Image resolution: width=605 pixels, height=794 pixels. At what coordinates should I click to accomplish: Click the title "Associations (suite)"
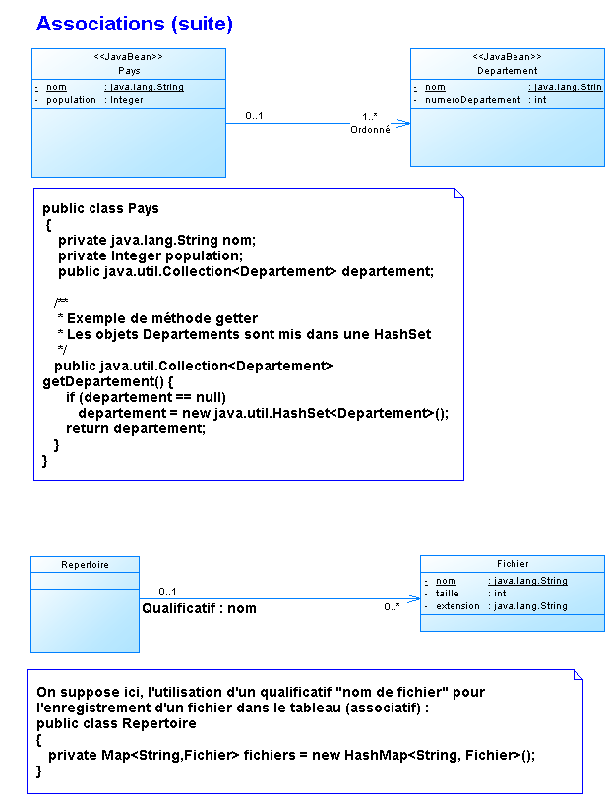click(134, 23)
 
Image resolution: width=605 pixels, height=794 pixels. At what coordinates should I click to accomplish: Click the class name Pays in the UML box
click(129, 71)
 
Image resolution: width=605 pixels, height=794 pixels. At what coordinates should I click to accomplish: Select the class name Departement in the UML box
click(507, 71)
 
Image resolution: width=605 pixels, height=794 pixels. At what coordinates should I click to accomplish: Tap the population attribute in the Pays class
click(71, 100)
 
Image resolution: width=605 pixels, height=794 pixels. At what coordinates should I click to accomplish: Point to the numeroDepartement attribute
click(472, 100)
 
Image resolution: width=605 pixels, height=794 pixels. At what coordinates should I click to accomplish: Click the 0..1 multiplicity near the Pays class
click(254, 116)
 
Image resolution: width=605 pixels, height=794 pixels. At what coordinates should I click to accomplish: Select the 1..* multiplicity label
click(370, 116)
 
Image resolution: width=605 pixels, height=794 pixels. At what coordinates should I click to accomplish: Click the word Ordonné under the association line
click(370, 129)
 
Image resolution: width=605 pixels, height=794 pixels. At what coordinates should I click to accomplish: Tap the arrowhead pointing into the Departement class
click(403, 124)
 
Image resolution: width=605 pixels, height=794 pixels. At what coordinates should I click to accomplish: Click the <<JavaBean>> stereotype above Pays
click(129, 57)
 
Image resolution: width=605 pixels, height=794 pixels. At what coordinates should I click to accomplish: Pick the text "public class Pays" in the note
click(100, 209)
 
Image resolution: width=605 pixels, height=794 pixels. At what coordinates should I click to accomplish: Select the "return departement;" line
click(136, 428)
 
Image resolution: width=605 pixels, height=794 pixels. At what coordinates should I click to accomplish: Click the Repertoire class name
click(85, 565)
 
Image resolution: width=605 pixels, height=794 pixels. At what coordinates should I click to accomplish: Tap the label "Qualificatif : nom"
click(199, 609)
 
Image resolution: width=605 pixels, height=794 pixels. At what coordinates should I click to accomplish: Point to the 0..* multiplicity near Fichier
click(392, 607)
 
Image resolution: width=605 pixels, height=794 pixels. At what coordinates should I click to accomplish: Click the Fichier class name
click(513, 564)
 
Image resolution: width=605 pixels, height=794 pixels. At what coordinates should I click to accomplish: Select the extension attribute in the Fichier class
click(456, 606)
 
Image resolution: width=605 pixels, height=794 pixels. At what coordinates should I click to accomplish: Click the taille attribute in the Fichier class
click(448, 594)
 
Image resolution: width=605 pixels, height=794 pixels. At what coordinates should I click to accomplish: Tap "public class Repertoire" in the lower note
click(116, 723)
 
